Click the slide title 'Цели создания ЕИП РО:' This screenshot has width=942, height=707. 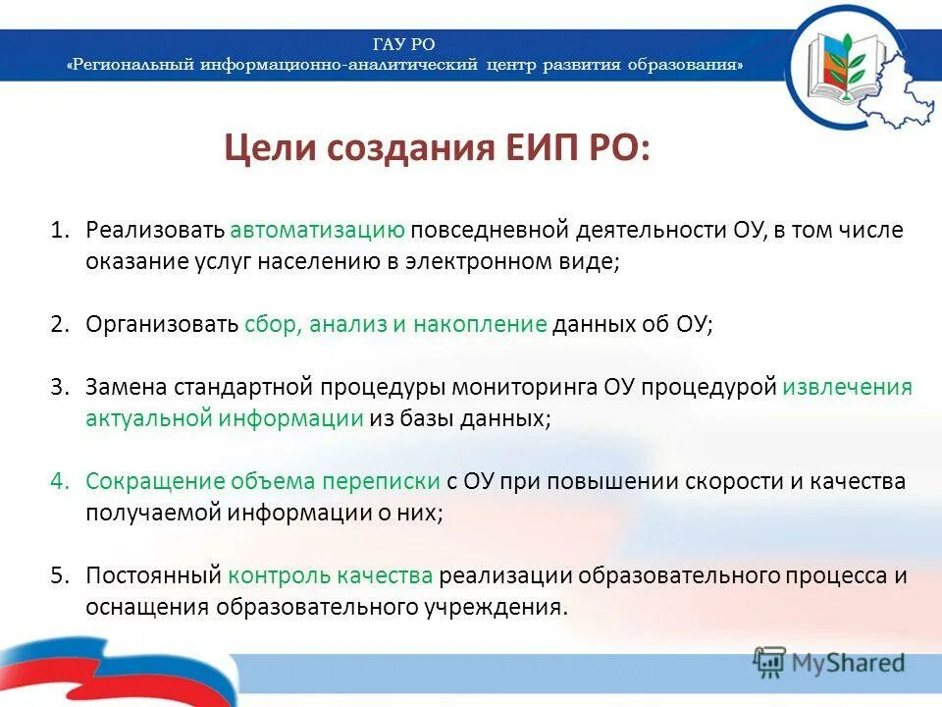(x=436, y=150)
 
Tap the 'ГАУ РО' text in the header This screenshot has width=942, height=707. (x=404, y=44)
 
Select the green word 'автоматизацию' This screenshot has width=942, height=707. (x=318, y=230)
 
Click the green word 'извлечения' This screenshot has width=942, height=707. (x=847, y=386)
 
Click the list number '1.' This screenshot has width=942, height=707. (x=61, y=230)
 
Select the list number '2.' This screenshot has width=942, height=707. (x=61, y=325)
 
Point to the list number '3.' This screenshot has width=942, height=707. (x=61, y=386)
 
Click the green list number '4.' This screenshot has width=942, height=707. (x=61, y=481)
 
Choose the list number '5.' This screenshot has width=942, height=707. (x=61, y=575)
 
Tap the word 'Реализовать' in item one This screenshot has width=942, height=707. (x=156, y=230)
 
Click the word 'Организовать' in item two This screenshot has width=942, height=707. (x=162, y=325)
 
